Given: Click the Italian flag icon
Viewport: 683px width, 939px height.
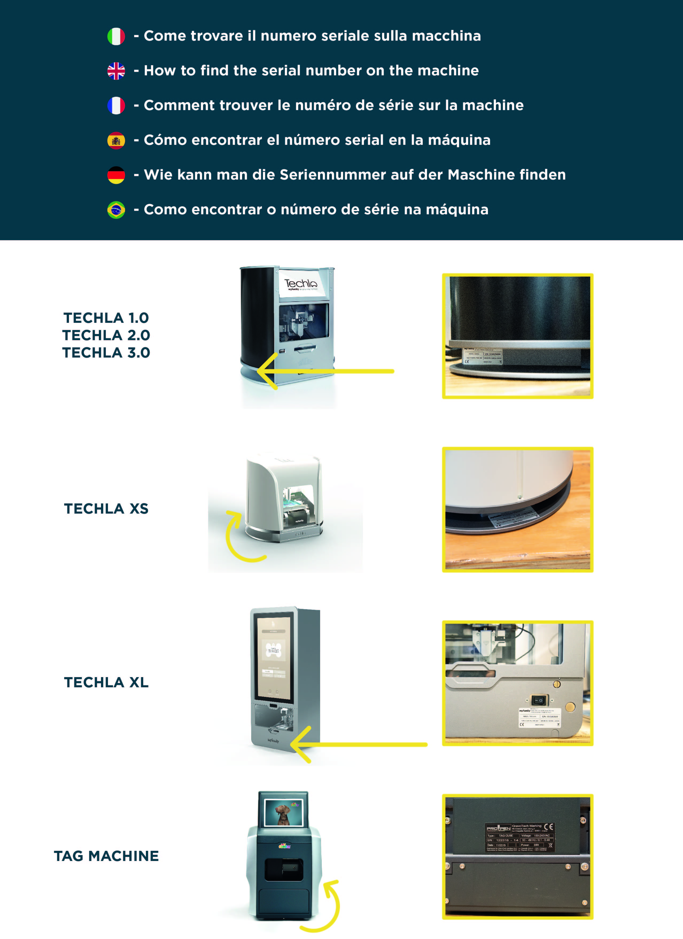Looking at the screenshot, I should click(x=116, y=36).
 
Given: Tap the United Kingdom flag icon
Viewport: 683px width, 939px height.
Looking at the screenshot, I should click(x=116, y=71).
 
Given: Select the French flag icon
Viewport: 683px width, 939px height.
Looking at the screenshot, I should click(x=116, y=106).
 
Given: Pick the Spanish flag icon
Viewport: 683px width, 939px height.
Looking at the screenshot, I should click(x=116, y=140).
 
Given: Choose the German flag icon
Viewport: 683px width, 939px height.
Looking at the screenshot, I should click(x=116, y=175).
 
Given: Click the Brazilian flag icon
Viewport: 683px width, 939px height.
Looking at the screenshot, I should click(x=116, y=210).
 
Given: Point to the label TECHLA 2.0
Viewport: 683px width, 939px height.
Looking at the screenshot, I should click(x=106, y=335).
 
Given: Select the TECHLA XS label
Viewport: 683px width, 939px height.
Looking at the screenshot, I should click(x=106, y=509).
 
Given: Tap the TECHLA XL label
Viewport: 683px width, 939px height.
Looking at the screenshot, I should click(x=106, y=682).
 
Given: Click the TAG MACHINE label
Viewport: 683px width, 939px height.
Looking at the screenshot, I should click(x=106, y=856).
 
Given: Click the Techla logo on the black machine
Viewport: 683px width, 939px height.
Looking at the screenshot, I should click(x=301, y=284).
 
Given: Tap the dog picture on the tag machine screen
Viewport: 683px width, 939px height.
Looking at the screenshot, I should click(x=284, y=812).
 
